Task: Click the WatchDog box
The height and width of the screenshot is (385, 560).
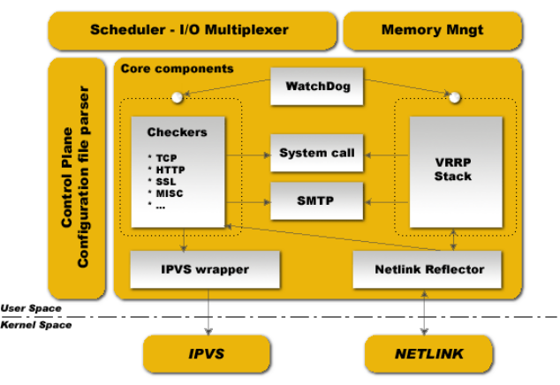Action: pyautogui.click(x=316, y=87)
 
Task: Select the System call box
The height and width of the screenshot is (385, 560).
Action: pyautogui.click(x=316, y=154)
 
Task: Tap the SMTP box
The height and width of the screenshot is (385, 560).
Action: pyautogui.click(x=316, y=200)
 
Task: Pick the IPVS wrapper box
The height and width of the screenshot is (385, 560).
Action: pyautogui.click(x=205, y=268)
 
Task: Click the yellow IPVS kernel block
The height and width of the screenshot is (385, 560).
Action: pyautogui.click(x=206, y=354)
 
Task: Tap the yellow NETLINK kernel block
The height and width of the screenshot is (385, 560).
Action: pyautogui.click(x=429, y=354)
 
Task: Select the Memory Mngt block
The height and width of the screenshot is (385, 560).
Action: pyautogui.click(x=433, y=30)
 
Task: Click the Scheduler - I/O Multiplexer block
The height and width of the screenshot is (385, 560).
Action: pyautogui.click(x=190, y=30)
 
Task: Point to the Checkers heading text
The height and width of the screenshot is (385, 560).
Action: pyautogui.click(x=177, y=132)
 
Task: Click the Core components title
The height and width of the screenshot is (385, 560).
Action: pyautogui.click(x=177, y=68)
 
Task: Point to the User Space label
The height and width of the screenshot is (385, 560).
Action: pyautogui.click(x=31, y=308)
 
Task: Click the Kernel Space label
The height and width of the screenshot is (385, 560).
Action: pyautogui.click(x=35, y=325)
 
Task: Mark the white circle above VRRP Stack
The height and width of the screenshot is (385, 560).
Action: pyautogui.click(x=456, y=96)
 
